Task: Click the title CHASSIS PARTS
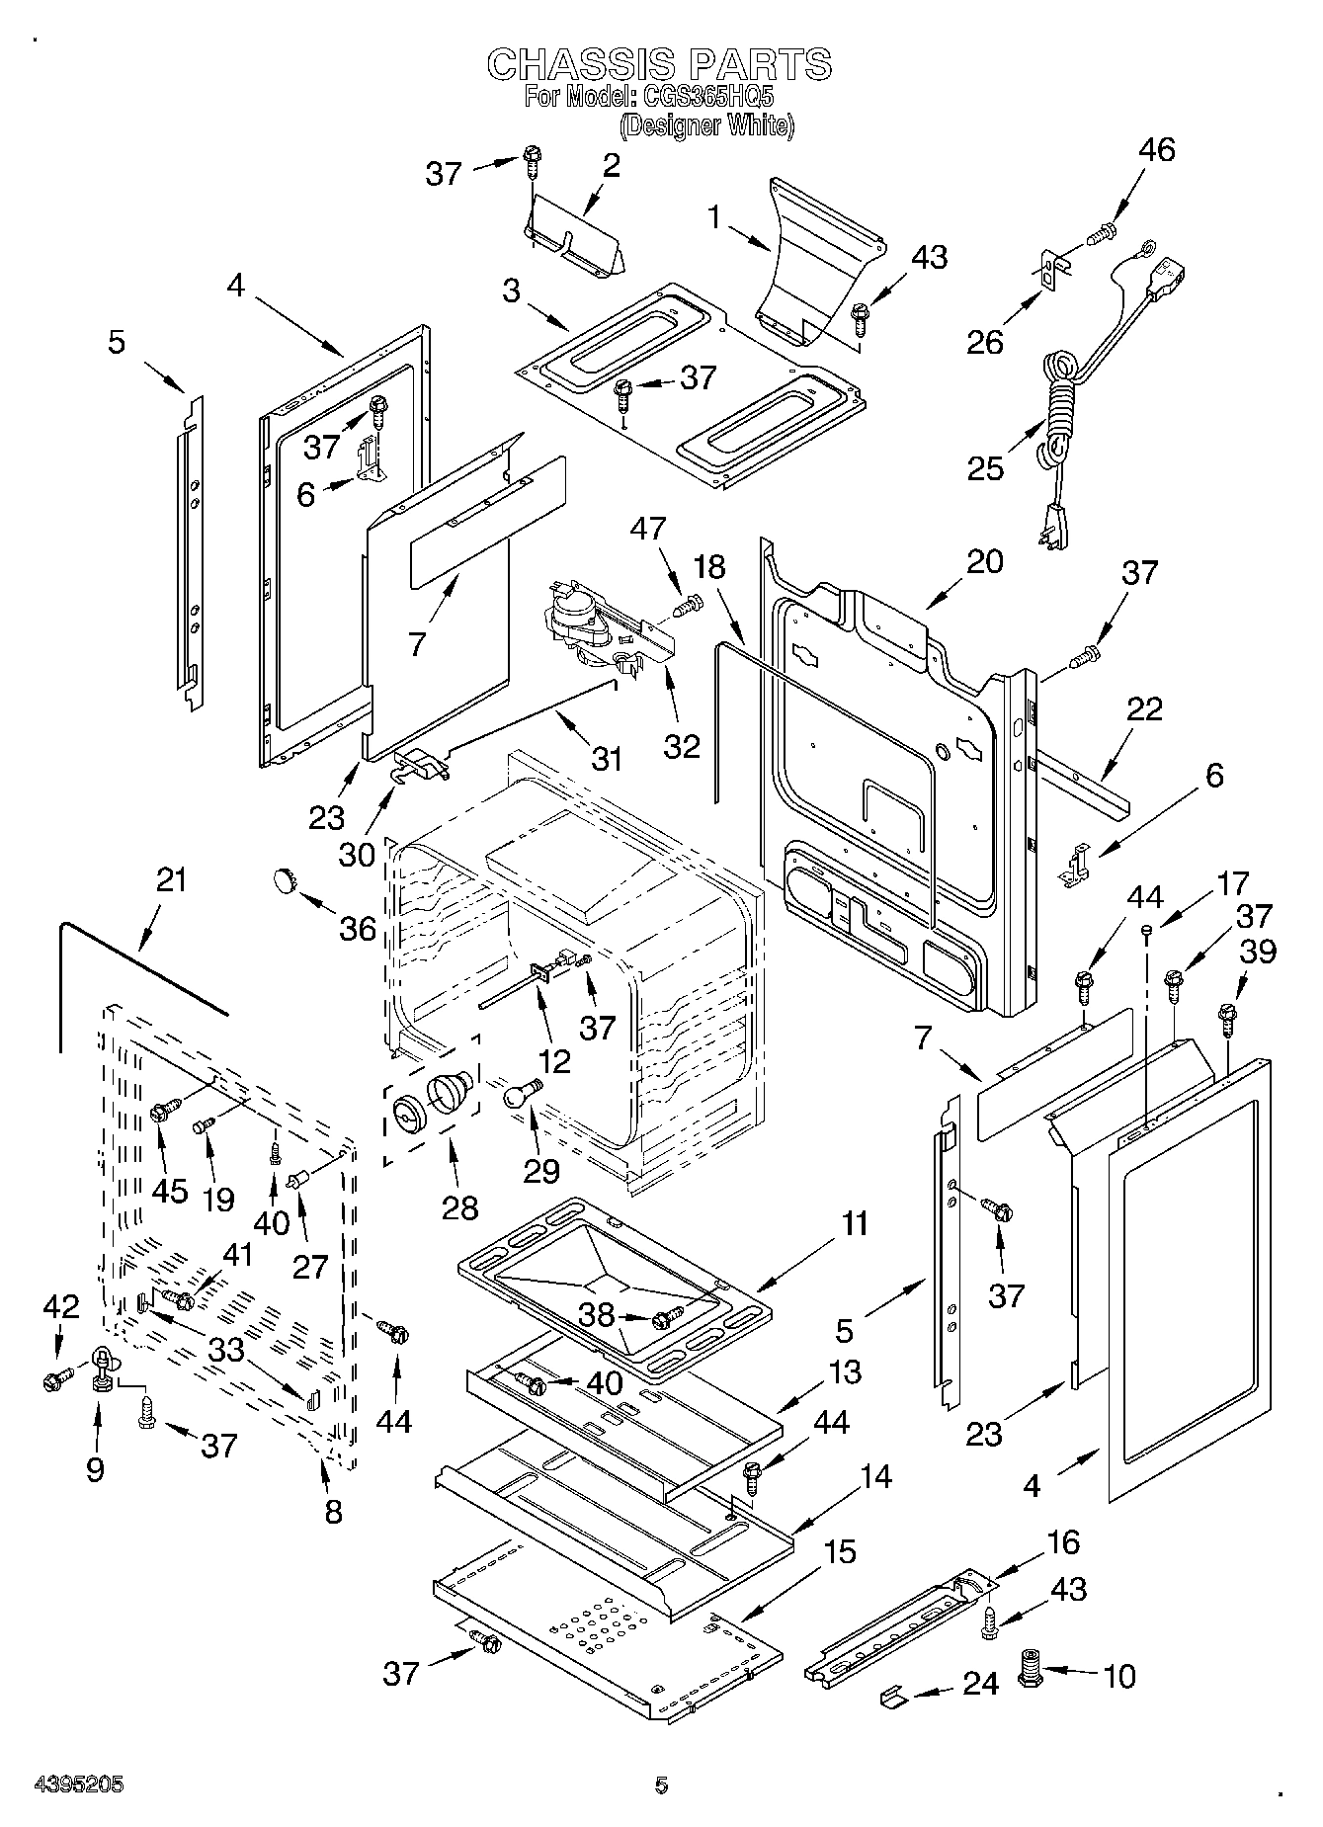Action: pyautogui.click(x=660, y=64)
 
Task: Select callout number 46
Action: pyautogui.click(x=1157, y=150)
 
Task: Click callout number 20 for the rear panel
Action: pyautogui.click(x=984, y=561)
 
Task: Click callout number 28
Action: pyautogui.click(x=460, y=1206)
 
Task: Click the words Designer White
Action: pyautogui.click(x=707, y=126)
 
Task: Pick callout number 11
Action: pyautogui.click(x=855, y=1223)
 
